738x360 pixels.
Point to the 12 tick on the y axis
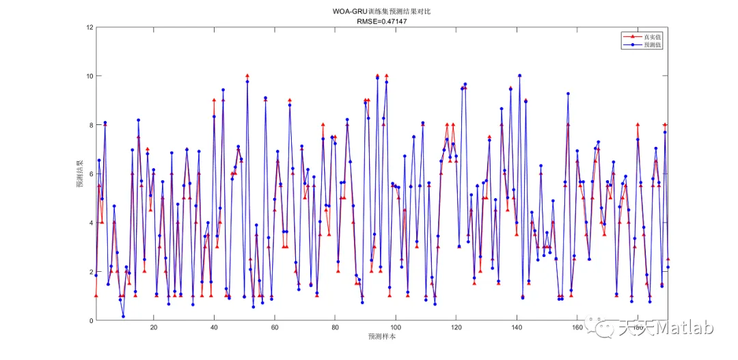click(x=89, y=27)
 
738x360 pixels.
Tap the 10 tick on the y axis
click(x=89, y=76)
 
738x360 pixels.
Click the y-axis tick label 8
click(x=90, y=125)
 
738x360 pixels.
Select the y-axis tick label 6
click(x=90, y=174)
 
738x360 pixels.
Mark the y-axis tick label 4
click(x=90, y=223)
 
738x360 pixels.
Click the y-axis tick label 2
click(x=90, y=272)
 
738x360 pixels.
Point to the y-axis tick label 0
click(x=90, y=321)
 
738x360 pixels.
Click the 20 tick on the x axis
click(x=154, y=328)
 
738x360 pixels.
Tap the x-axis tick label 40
click(x=214, y=328)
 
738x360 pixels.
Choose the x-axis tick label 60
click(x=275, y=328)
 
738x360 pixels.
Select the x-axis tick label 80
click(x=335, y=328)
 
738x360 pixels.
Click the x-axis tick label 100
click(x=396, y=328)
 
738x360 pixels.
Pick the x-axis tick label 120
click(x=456, y=328)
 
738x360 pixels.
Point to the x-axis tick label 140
click(x=517, y=328)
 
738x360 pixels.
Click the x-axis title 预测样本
click(x=381, y=337)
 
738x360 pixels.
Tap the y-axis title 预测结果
click(x=79, y=174)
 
